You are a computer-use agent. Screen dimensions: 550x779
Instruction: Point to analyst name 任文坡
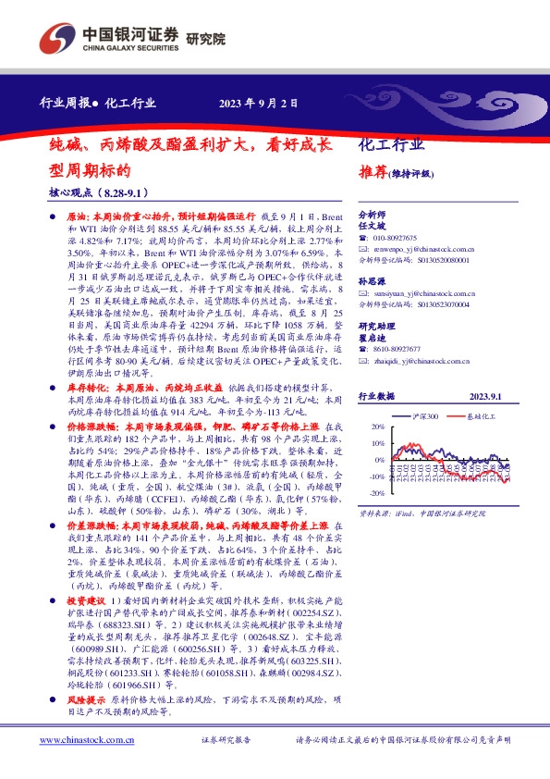(370, 225)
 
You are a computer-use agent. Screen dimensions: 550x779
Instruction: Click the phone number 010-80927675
(396, 238)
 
